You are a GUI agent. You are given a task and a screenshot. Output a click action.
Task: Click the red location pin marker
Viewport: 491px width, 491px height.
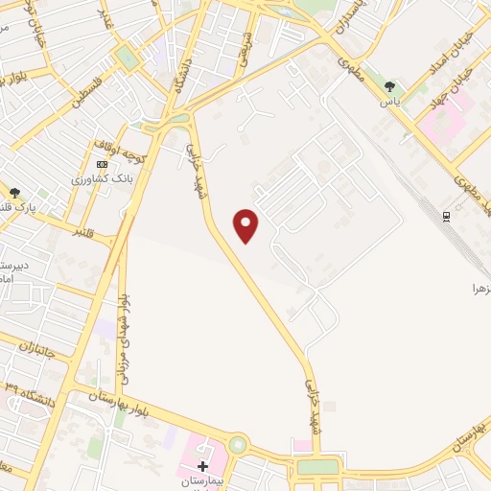(x=246, y=225)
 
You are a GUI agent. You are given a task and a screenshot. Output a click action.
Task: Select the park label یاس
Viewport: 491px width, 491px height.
(x=388, y=100)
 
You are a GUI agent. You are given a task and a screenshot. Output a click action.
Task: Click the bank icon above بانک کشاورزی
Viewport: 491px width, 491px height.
(x=103, y=164)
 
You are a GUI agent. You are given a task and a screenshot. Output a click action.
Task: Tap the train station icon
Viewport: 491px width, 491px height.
(x=447, y=215)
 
